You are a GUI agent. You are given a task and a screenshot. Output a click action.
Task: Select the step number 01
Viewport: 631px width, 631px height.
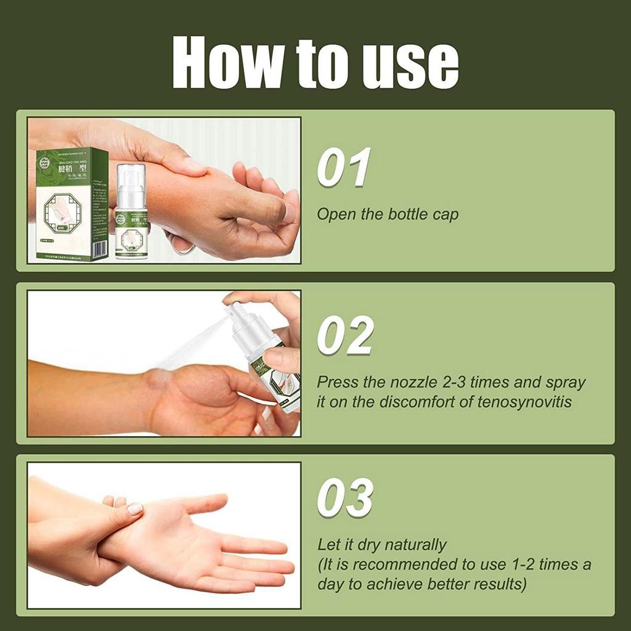(344, 167)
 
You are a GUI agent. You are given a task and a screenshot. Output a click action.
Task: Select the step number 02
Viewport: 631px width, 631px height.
(345, 336)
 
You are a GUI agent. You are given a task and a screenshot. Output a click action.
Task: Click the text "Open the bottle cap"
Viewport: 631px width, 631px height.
(388, 215)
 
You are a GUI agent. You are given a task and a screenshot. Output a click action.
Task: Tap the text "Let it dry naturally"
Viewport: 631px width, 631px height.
(381, 545)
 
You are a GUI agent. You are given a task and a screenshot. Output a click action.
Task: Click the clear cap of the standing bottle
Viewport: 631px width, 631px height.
(131, 183)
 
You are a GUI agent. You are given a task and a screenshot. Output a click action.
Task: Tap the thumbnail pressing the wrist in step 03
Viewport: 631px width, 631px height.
(135, 508)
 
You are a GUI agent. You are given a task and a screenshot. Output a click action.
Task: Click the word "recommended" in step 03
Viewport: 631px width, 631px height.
(405, 564)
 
